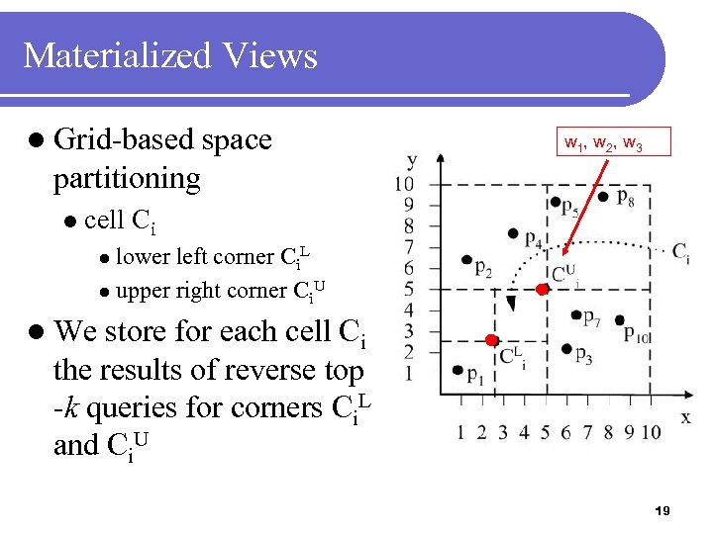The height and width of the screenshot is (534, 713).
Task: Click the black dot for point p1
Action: coord(458,370)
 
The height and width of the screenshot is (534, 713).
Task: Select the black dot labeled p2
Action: coord(466,260)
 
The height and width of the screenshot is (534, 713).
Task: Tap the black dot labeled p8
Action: coord(603,197)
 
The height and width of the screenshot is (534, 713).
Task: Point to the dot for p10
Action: coord(620,320)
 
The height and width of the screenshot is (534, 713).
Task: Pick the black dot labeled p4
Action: coord(513,234)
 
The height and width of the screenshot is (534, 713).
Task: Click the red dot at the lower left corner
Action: coord(491,340)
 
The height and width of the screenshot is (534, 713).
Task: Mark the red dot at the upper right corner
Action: coord(542,290)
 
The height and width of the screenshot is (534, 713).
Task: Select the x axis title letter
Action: coord(685,416)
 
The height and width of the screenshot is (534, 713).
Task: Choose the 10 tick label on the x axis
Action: coord(651,432)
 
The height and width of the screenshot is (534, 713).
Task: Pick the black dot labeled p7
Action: coord(576,315)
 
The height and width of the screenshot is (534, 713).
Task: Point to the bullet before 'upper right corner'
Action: coord(104,293)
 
